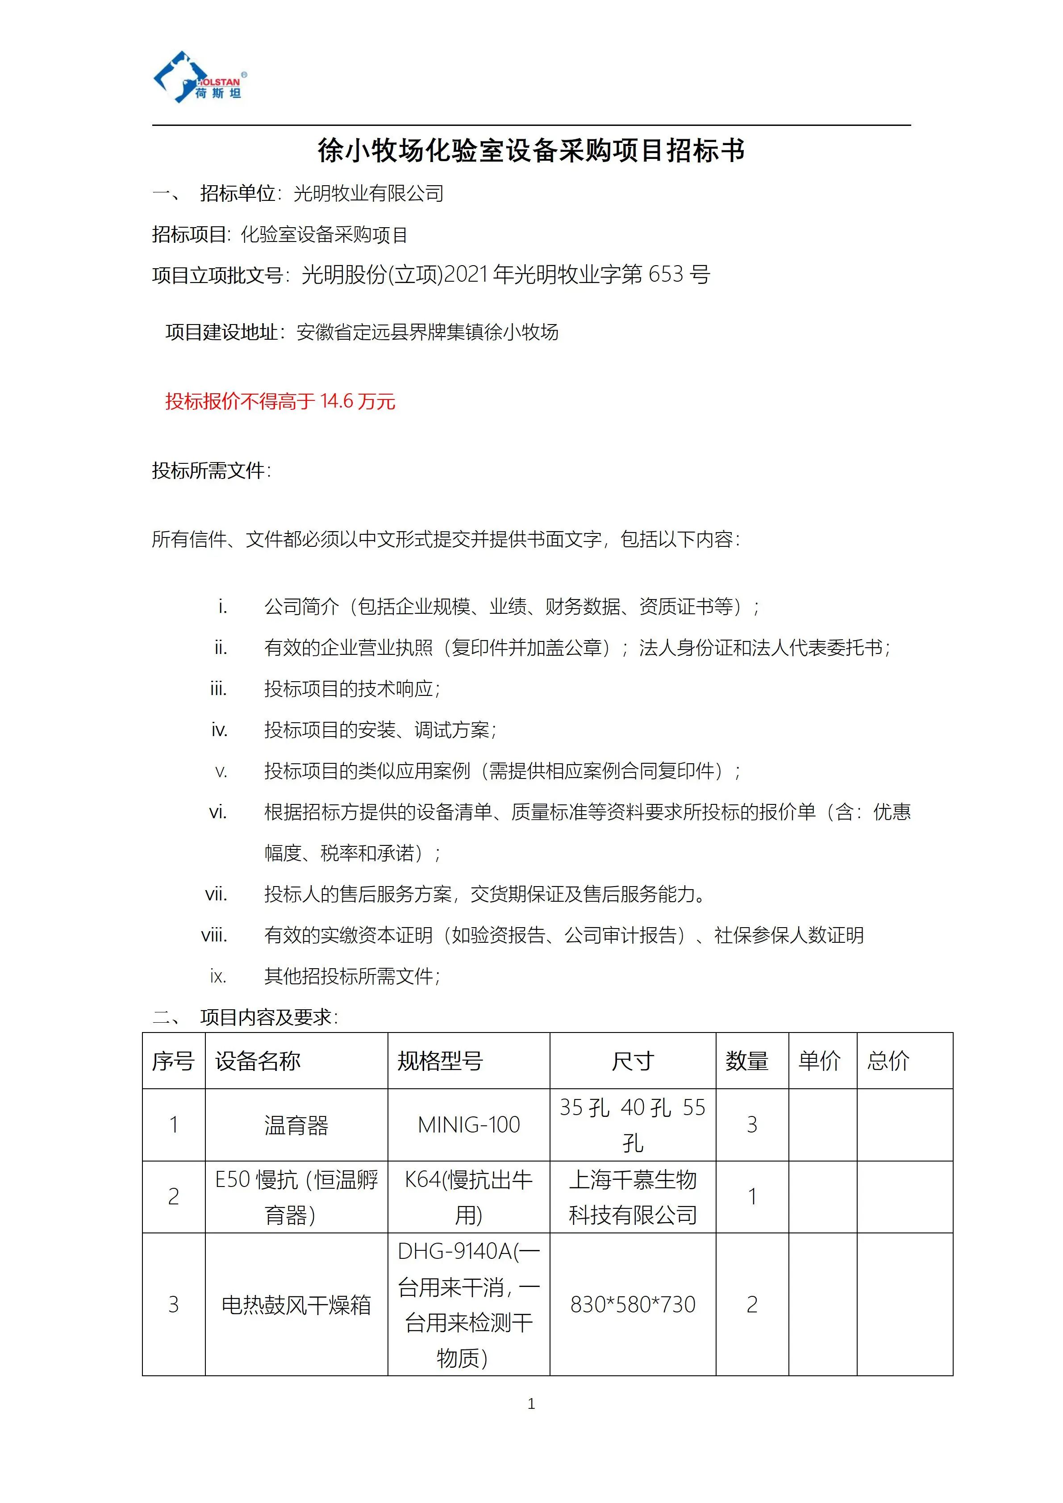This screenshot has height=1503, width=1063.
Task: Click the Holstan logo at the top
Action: coord(200,77)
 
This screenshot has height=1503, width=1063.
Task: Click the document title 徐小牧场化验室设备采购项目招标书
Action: coord(531,150)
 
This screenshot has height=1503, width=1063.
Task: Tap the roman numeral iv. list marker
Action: coord(219,730)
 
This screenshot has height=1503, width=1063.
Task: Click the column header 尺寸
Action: coord(632,1061)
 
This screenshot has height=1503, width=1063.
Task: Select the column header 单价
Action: coord(819,1061)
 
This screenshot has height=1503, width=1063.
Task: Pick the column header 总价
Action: coord(888,1061)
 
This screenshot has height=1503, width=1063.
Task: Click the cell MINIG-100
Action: coord(469,1124)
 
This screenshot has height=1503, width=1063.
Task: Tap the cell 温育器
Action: coord(296,1125)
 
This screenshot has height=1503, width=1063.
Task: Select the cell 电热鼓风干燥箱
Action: coord(296,1305)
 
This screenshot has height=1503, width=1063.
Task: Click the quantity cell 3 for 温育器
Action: coord(752,1124)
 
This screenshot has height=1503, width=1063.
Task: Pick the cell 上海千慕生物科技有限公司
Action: coord(632,1197)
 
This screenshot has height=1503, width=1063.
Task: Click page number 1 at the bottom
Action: coord(531,1403)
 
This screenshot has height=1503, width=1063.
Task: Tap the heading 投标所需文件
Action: coord(211,470)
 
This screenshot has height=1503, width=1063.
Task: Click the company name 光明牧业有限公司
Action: coord(368,193)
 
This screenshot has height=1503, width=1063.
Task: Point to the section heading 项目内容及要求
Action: coord(268,1016)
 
